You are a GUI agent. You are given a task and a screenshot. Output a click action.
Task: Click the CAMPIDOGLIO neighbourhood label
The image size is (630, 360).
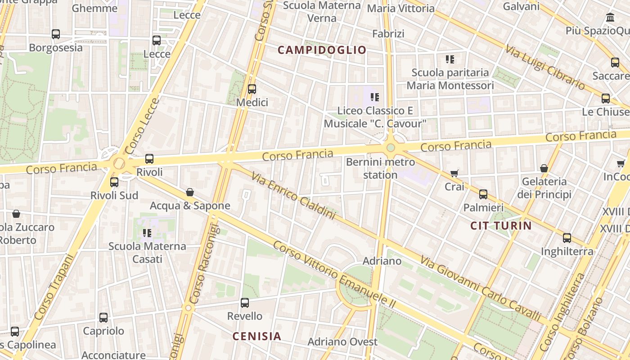click(322, 50)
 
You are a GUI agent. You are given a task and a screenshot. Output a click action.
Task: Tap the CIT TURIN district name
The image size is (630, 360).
click(501, 225)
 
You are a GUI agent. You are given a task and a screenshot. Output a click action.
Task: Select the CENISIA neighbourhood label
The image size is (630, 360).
click(256, 336)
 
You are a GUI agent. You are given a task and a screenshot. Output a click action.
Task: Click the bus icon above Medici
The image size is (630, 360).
click(252, 89)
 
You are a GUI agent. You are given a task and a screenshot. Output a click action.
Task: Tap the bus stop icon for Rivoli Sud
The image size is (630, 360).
click(114, 182)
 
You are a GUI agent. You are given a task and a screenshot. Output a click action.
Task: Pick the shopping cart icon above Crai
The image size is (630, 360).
click(454, 173)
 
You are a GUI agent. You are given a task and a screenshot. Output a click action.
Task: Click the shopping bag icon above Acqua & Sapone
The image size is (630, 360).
click(190, 193)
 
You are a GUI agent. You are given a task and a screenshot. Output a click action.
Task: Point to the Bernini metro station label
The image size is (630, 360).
click(380, 168)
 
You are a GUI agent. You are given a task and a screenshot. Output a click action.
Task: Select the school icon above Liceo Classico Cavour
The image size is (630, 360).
click(375, 97)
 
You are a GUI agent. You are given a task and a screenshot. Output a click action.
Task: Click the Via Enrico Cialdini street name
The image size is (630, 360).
click(294, 196)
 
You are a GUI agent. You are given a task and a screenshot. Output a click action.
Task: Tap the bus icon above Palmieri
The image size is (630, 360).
click(483, 194)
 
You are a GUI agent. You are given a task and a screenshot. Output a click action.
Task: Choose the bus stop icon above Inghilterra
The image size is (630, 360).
click(567, 238)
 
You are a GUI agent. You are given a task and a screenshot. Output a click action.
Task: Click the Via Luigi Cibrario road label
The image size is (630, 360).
click(544, 67)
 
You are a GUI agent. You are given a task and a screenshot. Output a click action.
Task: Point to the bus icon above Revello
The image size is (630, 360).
click(245, 303)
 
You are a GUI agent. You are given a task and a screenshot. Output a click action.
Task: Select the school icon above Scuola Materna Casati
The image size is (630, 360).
click(147, 233)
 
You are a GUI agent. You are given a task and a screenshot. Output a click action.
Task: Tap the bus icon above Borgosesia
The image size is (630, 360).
click(56, 34)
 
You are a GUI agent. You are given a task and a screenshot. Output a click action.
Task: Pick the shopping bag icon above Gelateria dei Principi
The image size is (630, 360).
click(544, 169)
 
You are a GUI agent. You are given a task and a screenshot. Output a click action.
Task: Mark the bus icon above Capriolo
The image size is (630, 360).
click(103, 318)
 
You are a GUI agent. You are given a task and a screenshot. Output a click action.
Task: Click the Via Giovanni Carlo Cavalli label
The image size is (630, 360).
click(481, 288)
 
